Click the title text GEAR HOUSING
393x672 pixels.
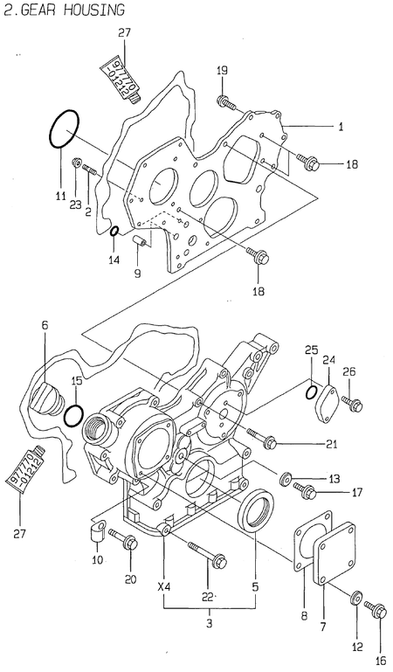click(70, 10)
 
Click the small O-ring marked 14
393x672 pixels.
click(114, 231)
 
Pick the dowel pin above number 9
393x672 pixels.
click(140, 239)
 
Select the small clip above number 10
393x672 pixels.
click(97, 530)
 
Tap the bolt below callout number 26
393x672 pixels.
click(353, 403)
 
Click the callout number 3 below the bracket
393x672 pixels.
click(208, 623)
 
